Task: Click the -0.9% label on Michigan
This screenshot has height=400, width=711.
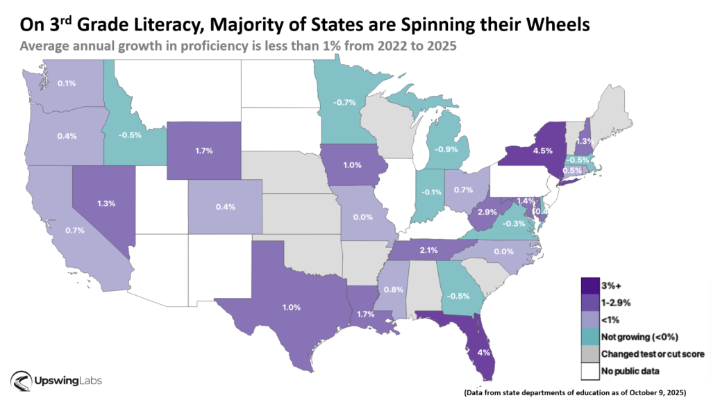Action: click(x=446, y=149)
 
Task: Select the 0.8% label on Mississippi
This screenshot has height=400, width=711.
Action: click(x=394, y=290)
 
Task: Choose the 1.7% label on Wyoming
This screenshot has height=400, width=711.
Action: click(x=203, y=149)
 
